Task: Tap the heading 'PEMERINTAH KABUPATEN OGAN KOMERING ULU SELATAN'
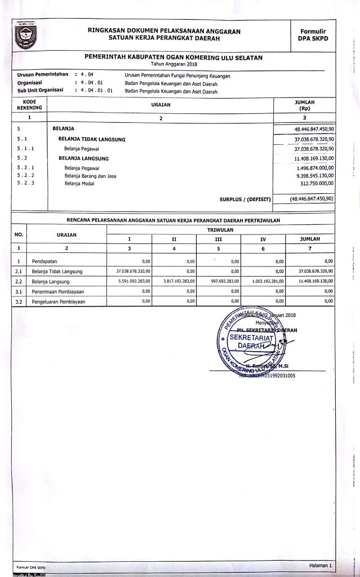click(x=174, y=57)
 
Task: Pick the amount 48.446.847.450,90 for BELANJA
click(x=310, y=129)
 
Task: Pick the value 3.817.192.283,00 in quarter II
click(x=178, y=281)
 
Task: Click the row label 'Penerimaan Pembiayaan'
click(x=60, y=291)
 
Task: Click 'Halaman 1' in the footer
click(x=321, y=565)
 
